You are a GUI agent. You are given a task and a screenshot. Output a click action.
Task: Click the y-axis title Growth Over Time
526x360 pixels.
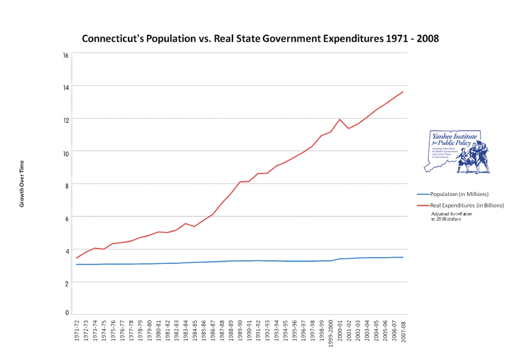pos(22,183)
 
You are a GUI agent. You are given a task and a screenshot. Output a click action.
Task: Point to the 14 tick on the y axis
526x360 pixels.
pos(66,87)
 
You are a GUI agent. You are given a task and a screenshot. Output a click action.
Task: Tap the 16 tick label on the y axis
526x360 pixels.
pos(66,55)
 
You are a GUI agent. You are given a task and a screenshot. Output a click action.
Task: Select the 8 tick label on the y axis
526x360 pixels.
pos(66,185)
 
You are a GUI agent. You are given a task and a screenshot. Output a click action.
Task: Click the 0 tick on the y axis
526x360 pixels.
pos(67,313)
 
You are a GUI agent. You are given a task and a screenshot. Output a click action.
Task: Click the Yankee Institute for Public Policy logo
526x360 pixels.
pos(457,151)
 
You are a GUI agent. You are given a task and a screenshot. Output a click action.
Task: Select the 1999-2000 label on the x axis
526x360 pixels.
pos(330,334)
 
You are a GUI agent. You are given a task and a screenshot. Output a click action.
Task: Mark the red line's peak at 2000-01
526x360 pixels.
pos(340,119)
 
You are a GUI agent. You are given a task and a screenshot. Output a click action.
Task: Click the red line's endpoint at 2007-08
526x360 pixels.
pos(403,91)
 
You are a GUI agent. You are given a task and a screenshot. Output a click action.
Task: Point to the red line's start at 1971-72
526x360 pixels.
pos(77,258)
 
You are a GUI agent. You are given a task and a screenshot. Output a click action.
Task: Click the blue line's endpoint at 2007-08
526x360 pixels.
pos(403,257)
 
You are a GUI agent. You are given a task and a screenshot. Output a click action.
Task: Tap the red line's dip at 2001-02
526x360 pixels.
pos(349,129)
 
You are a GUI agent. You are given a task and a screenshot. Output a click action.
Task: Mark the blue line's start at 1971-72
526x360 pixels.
pos(77,264)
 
